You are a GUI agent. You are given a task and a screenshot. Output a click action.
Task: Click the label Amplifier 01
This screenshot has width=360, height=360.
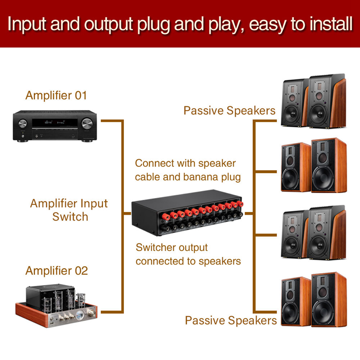[x=56, y=95]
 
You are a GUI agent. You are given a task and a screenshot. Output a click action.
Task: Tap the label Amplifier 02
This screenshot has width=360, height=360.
[x=57, y=270]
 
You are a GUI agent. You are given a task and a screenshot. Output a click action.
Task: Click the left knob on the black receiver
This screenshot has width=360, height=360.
[x=22, y=123]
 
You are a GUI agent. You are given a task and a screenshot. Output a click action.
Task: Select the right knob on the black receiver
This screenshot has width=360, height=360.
[x=87, y=123]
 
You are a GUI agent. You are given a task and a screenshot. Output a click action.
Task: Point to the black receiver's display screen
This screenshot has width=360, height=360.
[x=54, y=123]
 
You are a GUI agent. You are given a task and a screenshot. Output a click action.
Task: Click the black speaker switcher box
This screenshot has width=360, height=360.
[x=187, y=213]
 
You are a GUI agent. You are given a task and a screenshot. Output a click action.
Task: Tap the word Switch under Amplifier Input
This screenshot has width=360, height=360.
[x=70, y=216]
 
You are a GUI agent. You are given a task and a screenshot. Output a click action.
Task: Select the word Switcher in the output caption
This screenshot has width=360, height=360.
[x=156, y=247]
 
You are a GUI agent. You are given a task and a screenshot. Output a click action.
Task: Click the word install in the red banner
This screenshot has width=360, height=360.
[x=331, y=24]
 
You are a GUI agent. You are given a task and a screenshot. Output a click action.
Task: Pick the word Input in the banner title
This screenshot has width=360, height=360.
[x=27, y=24]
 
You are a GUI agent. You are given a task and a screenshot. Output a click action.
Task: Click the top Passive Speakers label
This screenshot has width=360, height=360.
[x=229, y=110]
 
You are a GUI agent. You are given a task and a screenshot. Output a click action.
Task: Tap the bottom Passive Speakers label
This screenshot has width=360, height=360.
[x=231, y=320]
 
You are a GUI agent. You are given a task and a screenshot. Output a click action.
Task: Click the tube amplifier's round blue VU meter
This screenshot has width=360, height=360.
[x=80, y=314]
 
